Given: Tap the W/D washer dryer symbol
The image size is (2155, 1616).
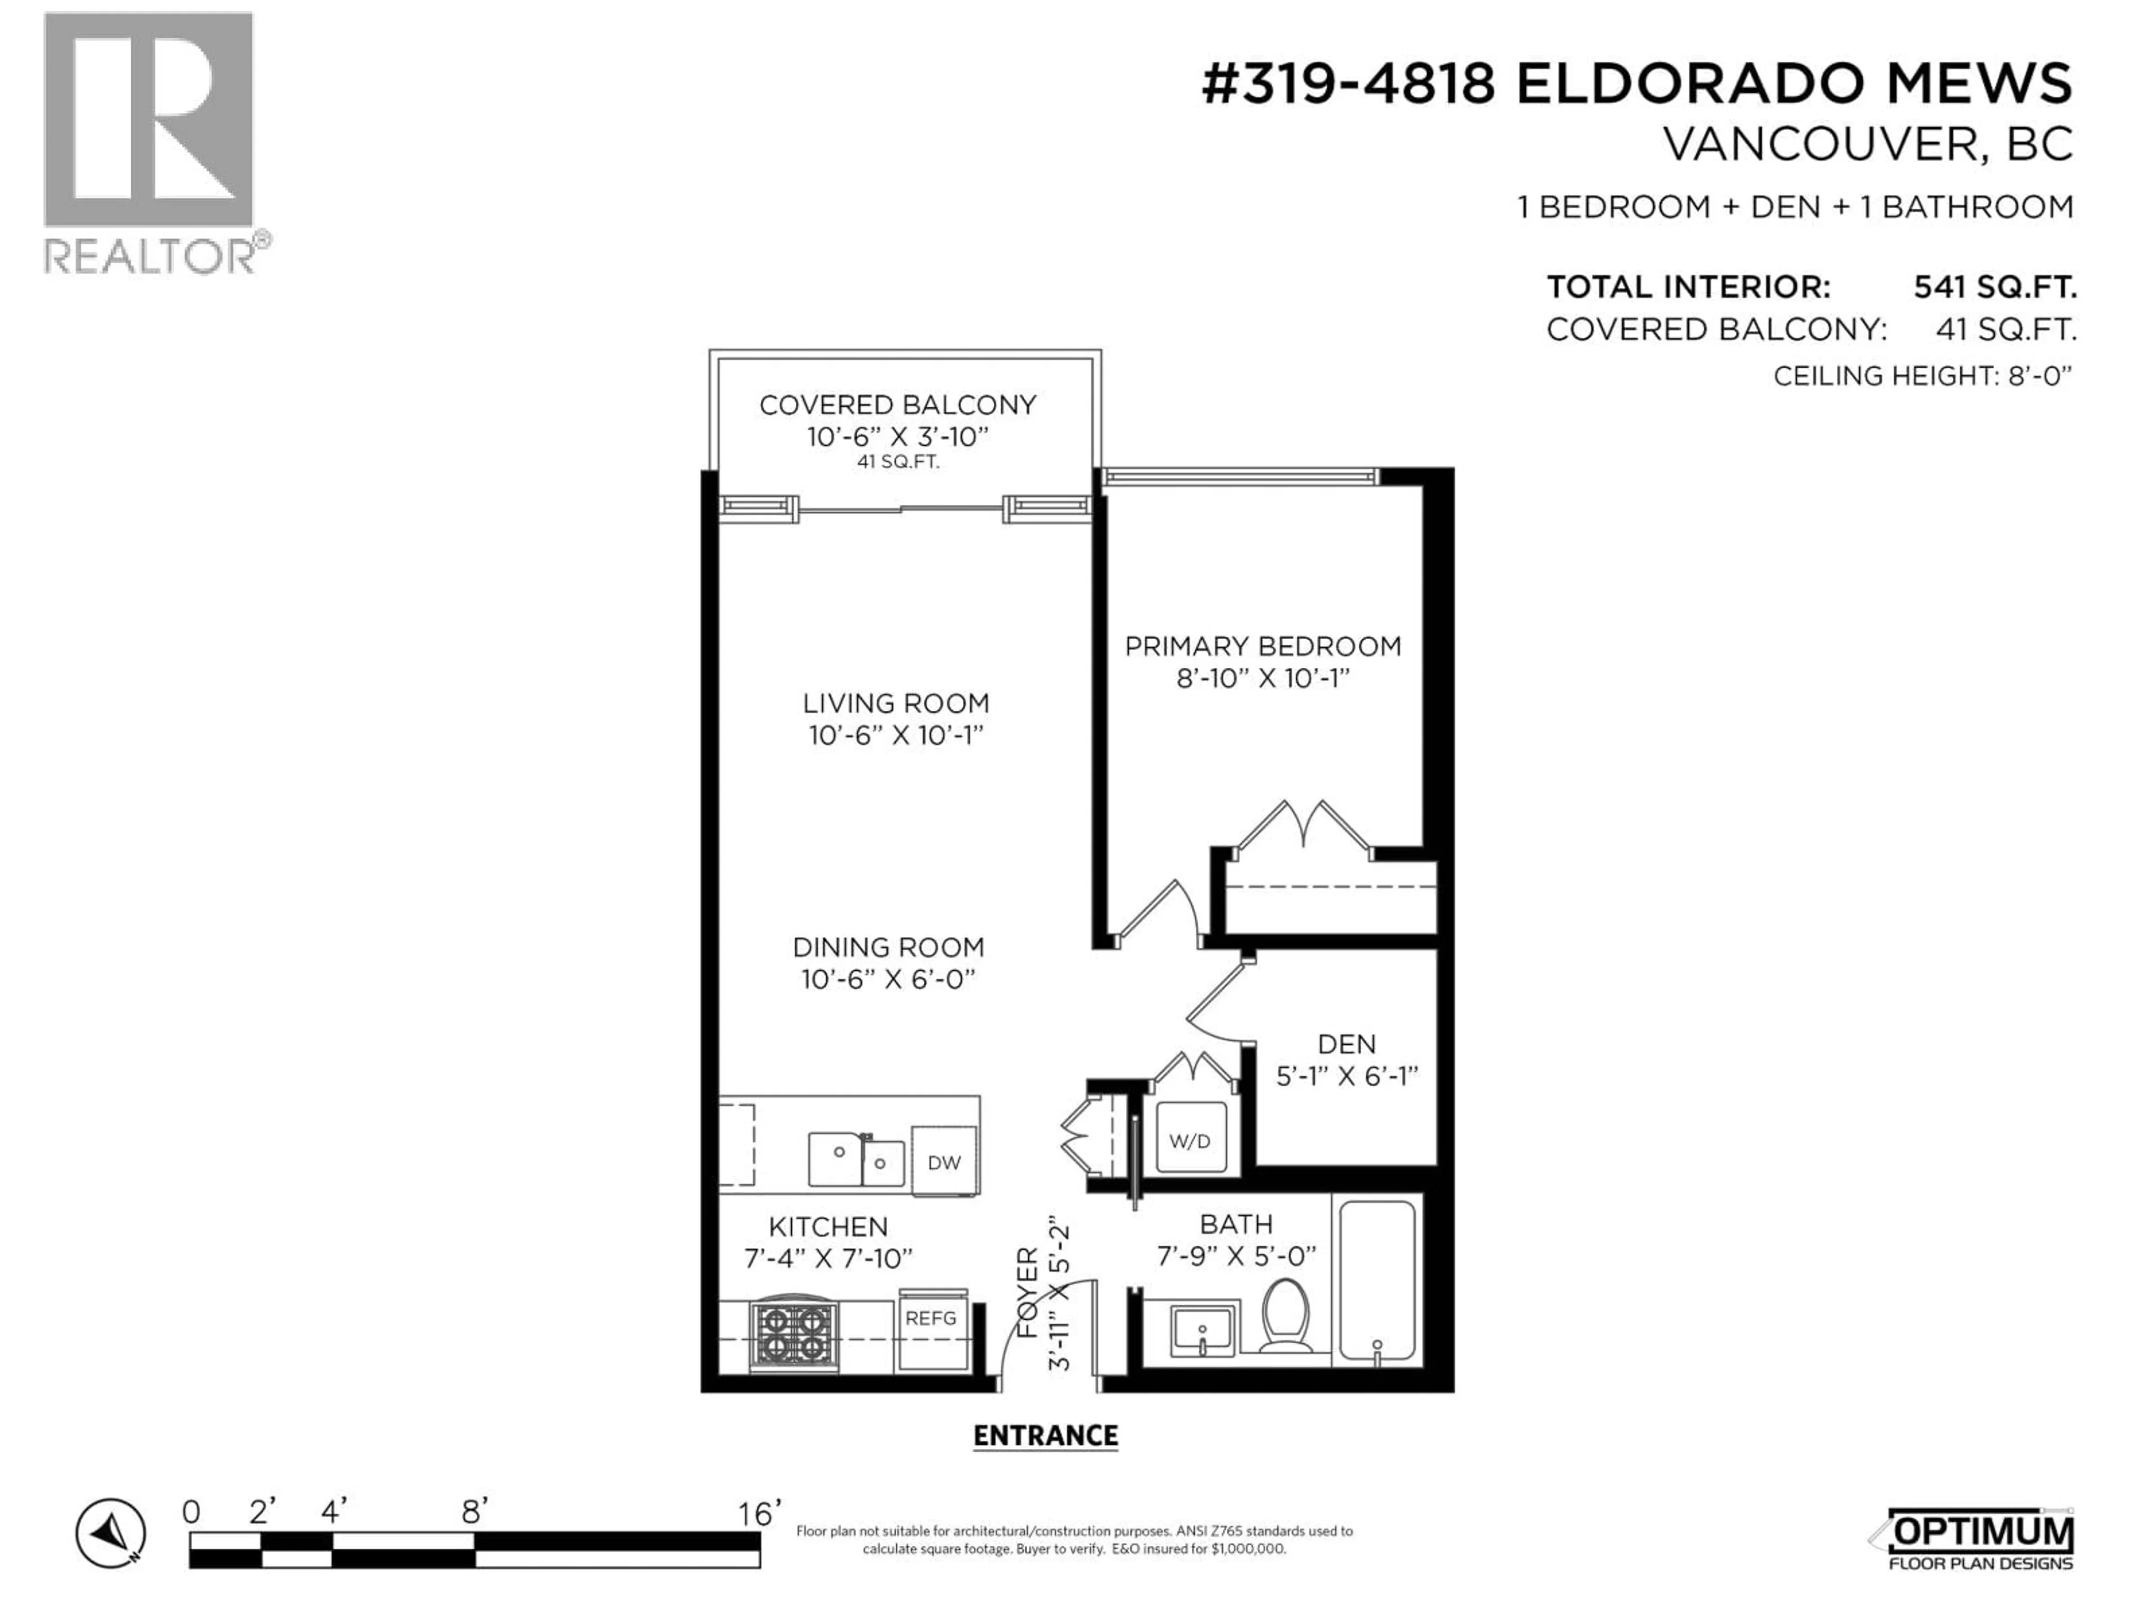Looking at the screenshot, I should (1190, 1141).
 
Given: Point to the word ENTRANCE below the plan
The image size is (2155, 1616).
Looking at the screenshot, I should (1046, 1436).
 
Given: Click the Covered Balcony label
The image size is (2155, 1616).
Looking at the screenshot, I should (897, 405).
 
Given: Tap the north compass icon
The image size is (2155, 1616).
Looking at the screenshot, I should (111, 1533).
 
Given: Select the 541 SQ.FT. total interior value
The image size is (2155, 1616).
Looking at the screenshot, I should (1994, 287).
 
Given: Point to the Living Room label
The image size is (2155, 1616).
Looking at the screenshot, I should (895, 703).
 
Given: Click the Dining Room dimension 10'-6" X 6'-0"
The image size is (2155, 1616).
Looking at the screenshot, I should (887, 980).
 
